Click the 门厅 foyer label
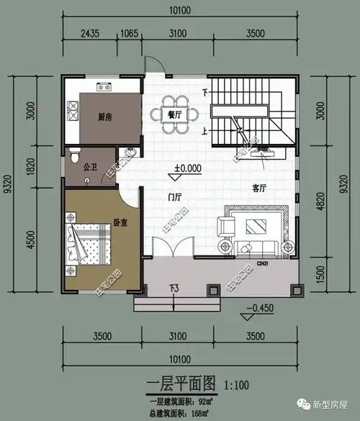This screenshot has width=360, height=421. click(174, 197)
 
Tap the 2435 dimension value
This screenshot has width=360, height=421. click(90, 33)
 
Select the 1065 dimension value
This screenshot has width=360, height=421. click(130, 33)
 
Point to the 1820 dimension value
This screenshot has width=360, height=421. click(30, 167)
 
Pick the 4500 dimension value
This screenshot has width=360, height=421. click(30, 239)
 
